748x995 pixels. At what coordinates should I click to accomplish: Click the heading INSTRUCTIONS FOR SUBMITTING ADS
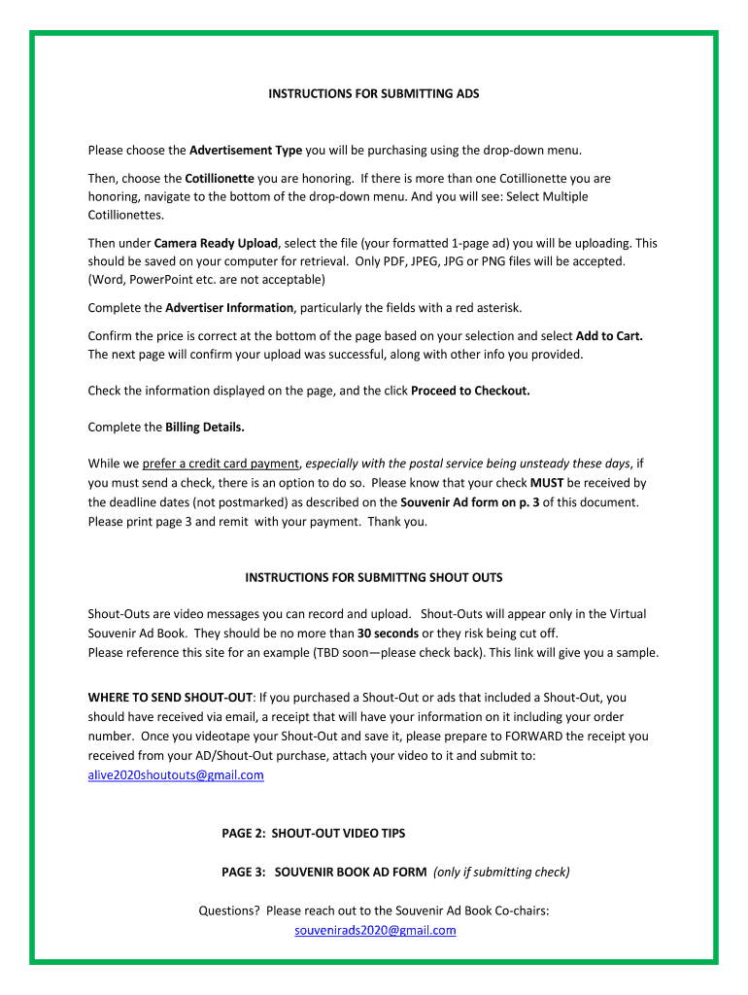point(374,94)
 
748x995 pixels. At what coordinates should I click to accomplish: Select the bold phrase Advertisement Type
point(246,151)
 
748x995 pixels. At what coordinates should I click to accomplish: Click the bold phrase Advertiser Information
point(229,308)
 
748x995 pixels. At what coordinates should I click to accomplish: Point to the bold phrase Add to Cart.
point(609,336)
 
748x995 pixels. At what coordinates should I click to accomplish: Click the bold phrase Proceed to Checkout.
point(470,391)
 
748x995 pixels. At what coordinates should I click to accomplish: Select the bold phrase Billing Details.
point(205,428)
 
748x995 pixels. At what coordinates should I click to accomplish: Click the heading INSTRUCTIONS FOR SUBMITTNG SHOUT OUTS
point(374,577)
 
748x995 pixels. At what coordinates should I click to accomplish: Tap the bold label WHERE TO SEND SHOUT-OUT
point(171,698)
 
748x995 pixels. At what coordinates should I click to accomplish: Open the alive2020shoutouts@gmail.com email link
point(176,775)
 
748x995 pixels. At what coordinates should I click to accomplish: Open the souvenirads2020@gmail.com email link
point(375,931)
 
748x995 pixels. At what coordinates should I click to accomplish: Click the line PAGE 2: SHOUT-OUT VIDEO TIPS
point(314,834)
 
